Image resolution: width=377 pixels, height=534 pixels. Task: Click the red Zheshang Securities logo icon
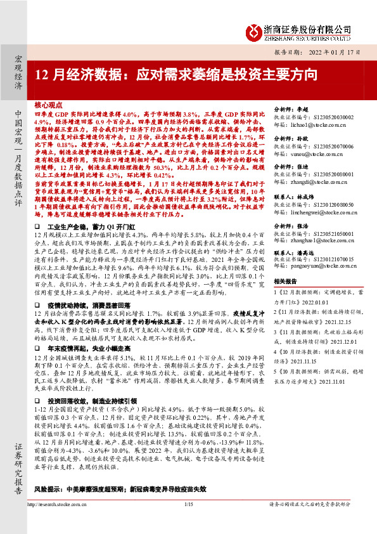253,31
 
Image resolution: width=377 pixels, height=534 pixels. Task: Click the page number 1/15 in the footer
188,522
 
